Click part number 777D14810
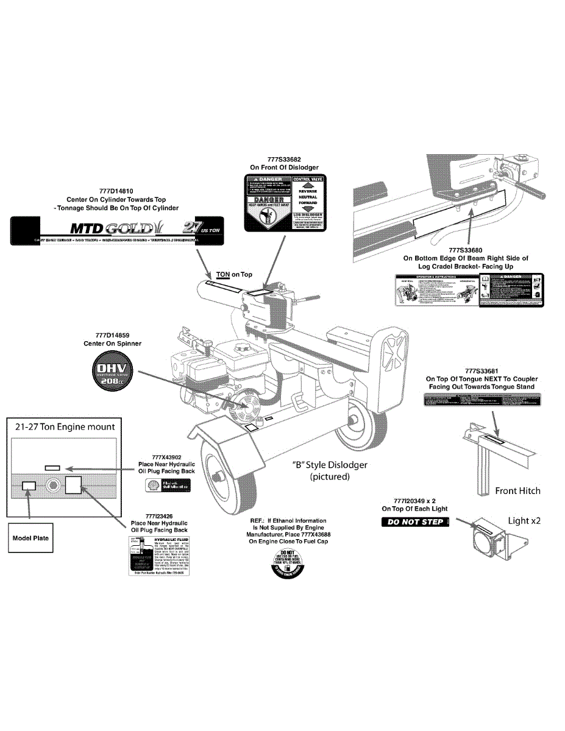[x=116, y=190]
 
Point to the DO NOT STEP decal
[x=416, y=522]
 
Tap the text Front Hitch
[x=517, y=490]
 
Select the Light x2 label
[x=524, y=521]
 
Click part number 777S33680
[x=466, y=250]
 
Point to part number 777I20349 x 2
[x=414, y=500]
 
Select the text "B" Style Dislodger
[x=330, y=465]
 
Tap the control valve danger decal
[x=285, y=203]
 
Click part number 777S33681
[x=482, y=370]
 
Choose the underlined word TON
[x=223, y=275]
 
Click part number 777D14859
[x=112, y=335]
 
